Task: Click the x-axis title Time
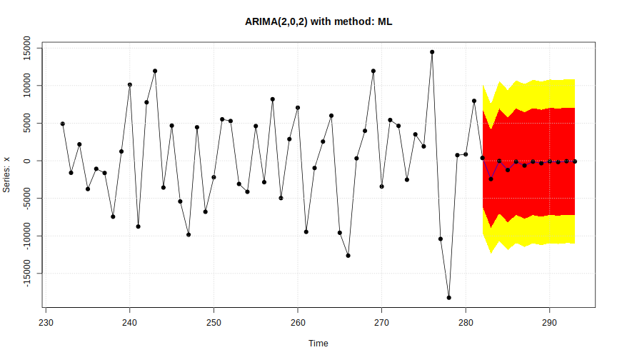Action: click(318, 344)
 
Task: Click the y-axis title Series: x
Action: click(8, 175)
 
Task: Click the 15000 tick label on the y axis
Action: click(28, 49)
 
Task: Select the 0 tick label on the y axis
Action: click(28, 161)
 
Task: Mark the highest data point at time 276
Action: click(432, 52)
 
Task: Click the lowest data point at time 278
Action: click(449, 297)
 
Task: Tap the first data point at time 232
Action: click(63, 124)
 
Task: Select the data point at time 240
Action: click(130, 84)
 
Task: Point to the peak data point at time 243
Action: click(155, 71)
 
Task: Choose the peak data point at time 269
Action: click(373, 71)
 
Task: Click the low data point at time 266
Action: click(348, 255)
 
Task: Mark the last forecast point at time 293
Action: click(575, 161)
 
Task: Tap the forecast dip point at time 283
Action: click(491, 179)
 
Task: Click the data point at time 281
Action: click(474, 101)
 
